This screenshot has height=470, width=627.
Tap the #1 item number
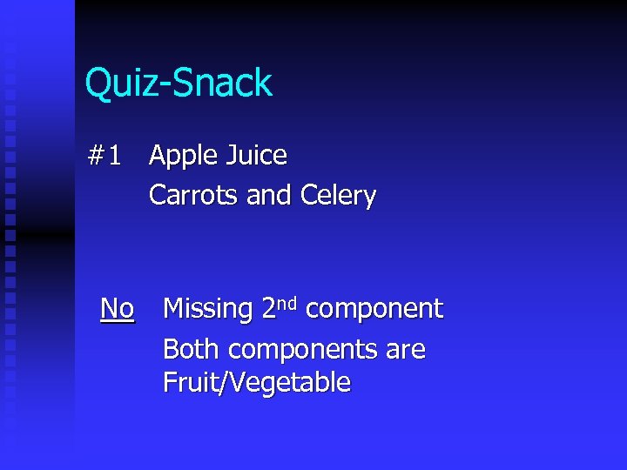point(104,156)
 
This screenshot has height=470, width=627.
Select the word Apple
point(183,157)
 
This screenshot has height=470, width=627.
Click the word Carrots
point(194,195)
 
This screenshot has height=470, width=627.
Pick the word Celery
point(338,196)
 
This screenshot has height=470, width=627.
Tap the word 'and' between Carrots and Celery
point(269,195)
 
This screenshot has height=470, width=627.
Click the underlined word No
point(118,308)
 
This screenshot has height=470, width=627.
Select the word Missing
point(208,310)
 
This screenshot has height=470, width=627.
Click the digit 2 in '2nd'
point(269,308)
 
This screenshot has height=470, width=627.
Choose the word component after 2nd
point(374,310)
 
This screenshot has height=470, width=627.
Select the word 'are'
point(405,351)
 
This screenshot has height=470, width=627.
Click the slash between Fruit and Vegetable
point(226,383)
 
